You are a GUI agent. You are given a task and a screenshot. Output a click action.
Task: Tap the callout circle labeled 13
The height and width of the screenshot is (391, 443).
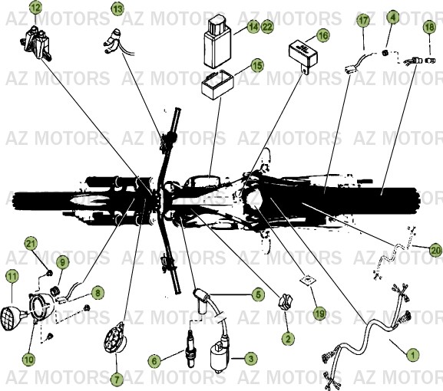click(x=117, y=9)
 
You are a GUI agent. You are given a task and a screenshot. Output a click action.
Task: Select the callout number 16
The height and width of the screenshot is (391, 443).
click(x=322, y=35)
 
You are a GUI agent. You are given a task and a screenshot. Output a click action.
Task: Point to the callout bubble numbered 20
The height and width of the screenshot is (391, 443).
click(x=435, y=250)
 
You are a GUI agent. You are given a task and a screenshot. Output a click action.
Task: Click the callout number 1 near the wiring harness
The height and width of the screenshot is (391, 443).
click(x=412, y=354)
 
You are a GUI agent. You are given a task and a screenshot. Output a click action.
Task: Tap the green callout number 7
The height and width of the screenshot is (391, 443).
click(x=117, y=379)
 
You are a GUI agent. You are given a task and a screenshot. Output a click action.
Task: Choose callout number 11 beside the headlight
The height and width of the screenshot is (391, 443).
click(x=12, y=276)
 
